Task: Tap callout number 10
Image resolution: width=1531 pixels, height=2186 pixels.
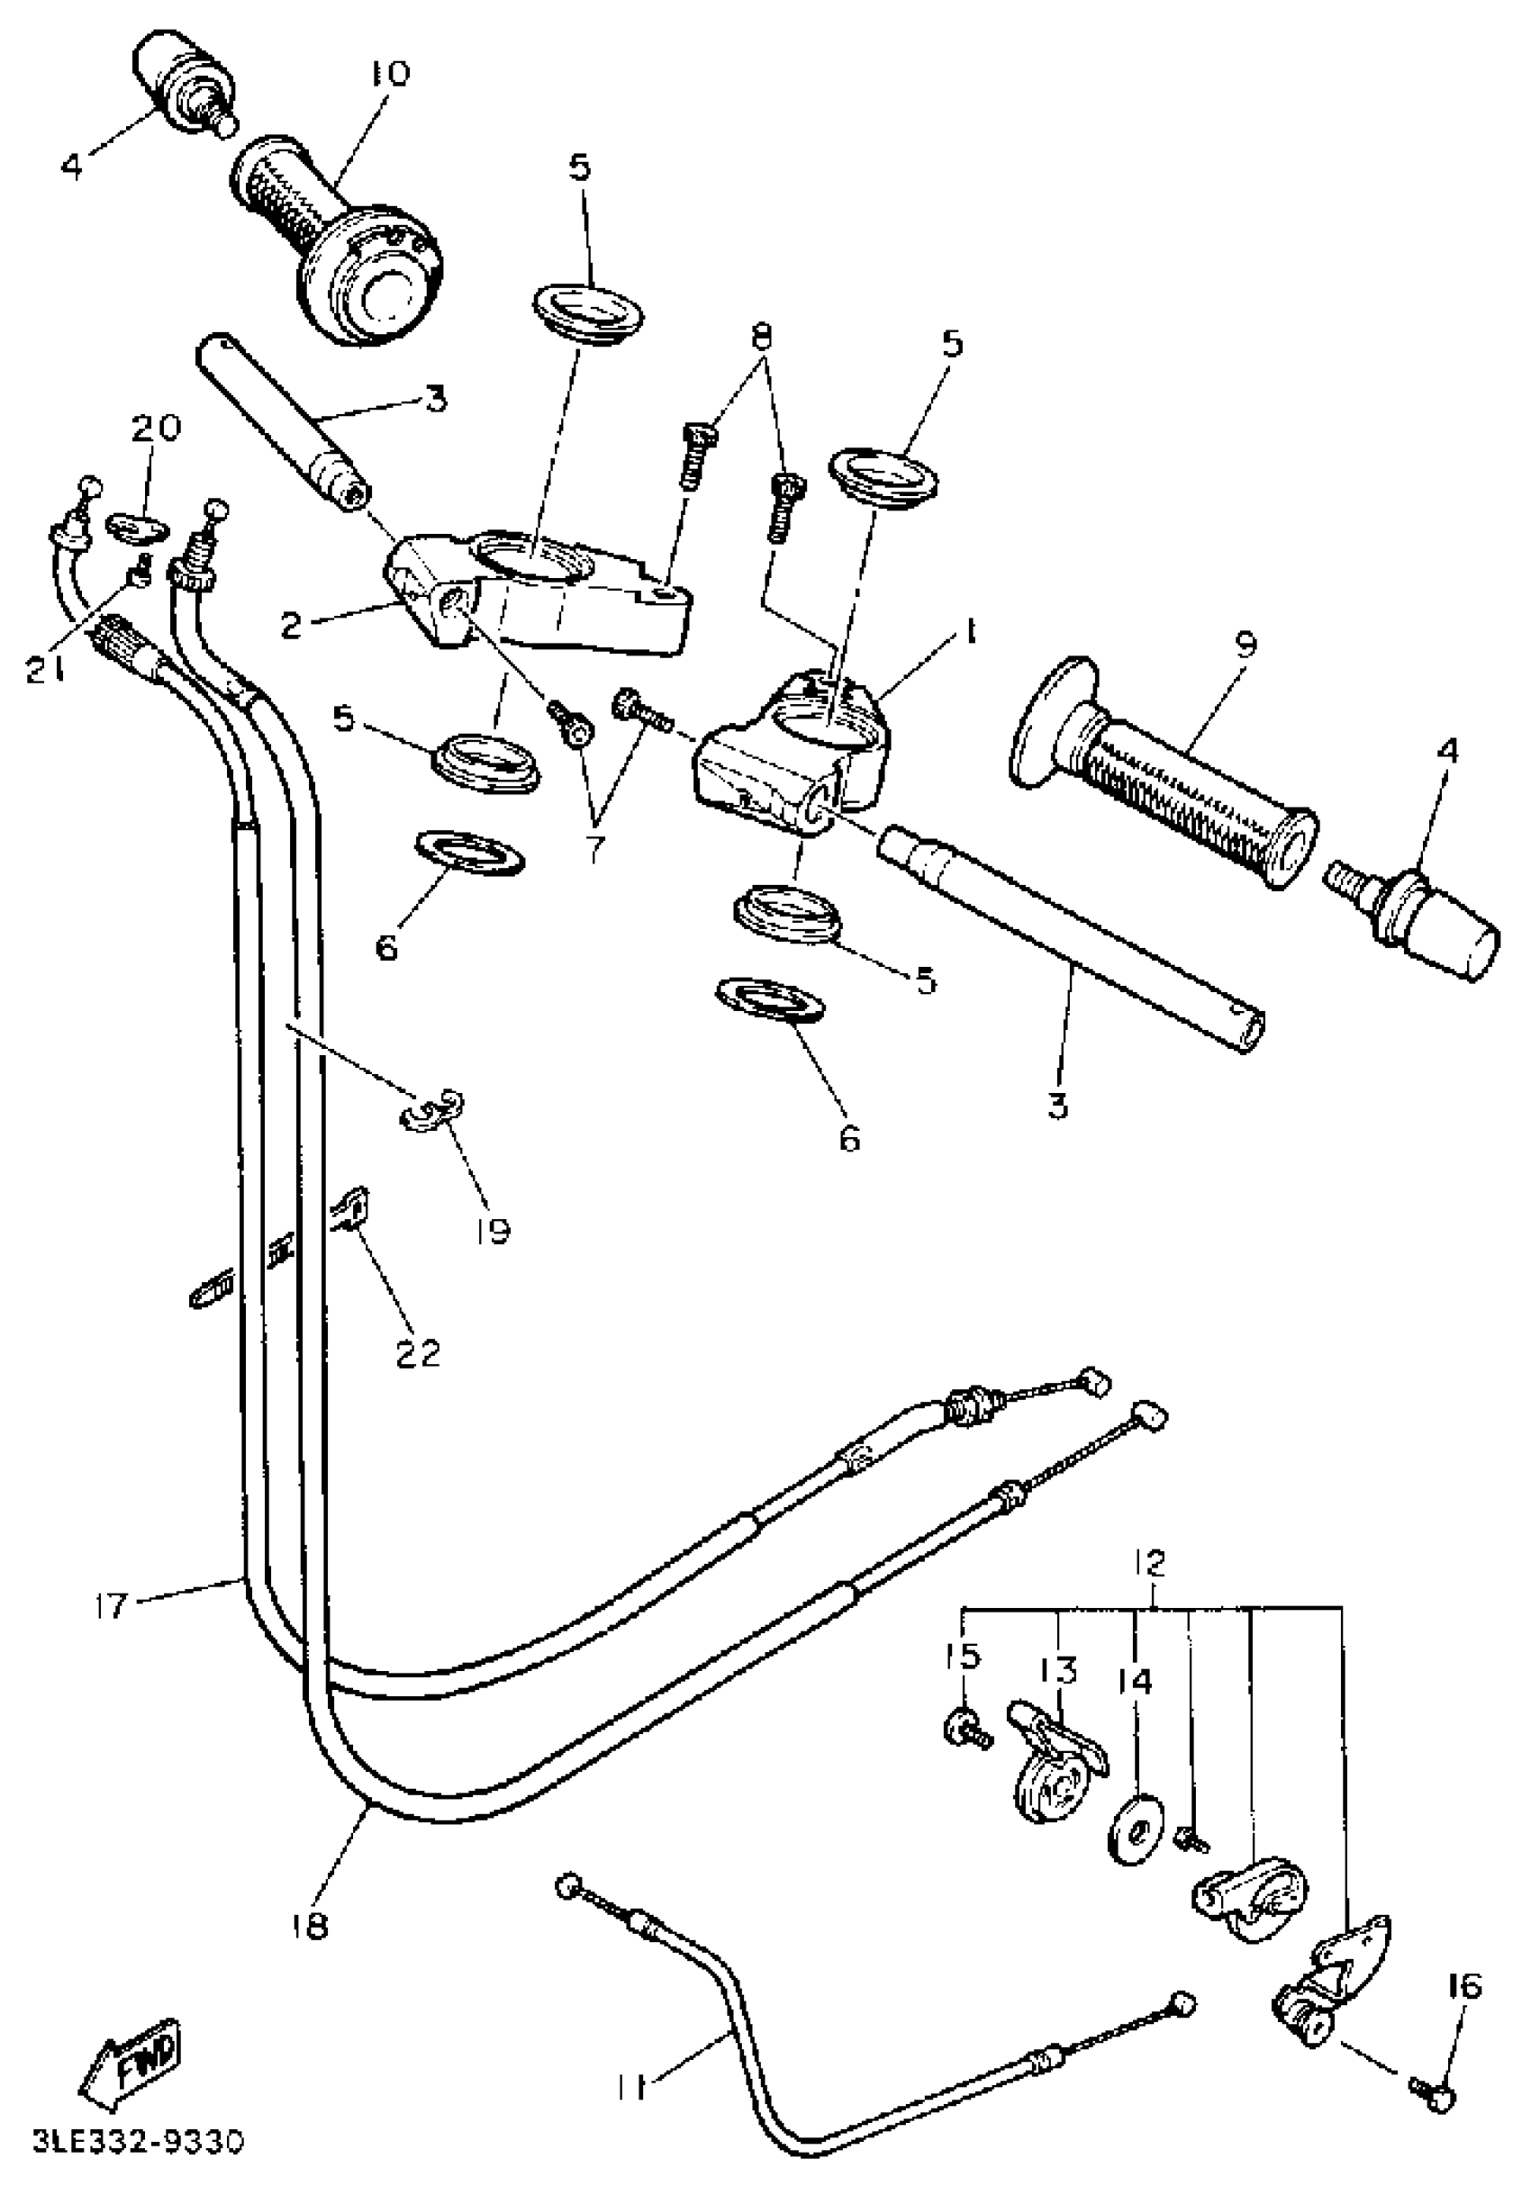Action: point(385,73)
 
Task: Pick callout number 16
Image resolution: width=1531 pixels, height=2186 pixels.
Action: point(1465,1985)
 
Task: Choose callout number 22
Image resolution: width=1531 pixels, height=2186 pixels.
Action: point(418,1351)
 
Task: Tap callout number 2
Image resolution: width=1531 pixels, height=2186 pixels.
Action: point(292,625)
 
